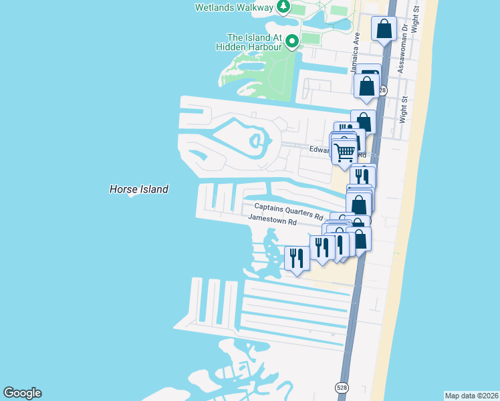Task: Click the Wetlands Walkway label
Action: pos(234,7)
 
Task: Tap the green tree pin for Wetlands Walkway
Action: pos(283,7)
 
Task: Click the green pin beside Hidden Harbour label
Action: pos(291,42)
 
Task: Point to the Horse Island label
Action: pos(138,189)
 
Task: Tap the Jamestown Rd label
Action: pos(272,219)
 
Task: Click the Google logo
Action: pos(22,393)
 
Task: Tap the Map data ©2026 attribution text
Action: pos(471,395)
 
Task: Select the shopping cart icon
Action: pos(344,152)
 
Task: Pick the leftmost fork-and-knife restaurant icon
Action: pos(297,257)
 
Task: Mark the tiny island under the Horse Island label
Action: pos(132,196)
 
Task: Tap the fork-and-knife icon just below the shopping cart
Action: pos(362,176)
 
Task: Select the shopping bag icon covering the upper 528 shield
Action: pos(367,86)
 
